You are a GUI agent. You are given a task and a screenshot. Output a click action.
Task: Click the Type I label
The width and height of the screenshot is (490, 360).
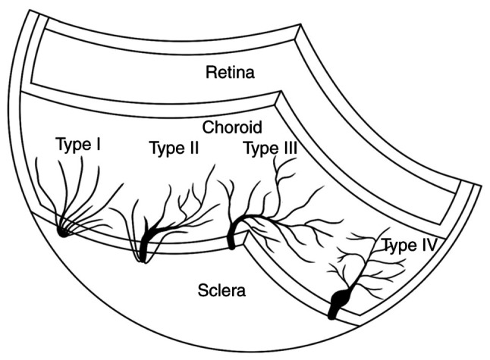coord(78,145)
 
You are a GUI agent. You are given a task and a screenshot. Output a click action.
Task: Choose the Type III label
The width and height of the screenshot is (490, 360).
coord(269,148)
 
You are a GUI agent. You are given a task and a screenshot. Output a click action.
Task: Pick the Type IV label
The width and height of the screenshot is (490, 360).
coord(409,245)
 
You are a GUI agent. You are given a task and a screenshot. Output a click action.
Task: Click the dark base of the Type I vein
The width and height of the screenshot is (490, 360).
coord(64,231)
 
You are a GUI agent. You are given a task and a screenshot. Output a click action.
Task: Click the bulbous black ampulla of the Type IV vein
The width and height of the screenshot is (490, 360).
coord(338,299)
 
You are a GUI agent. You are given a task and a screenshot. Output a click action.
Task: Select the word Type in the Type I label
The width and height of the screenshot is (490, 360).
coord(72,145)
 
